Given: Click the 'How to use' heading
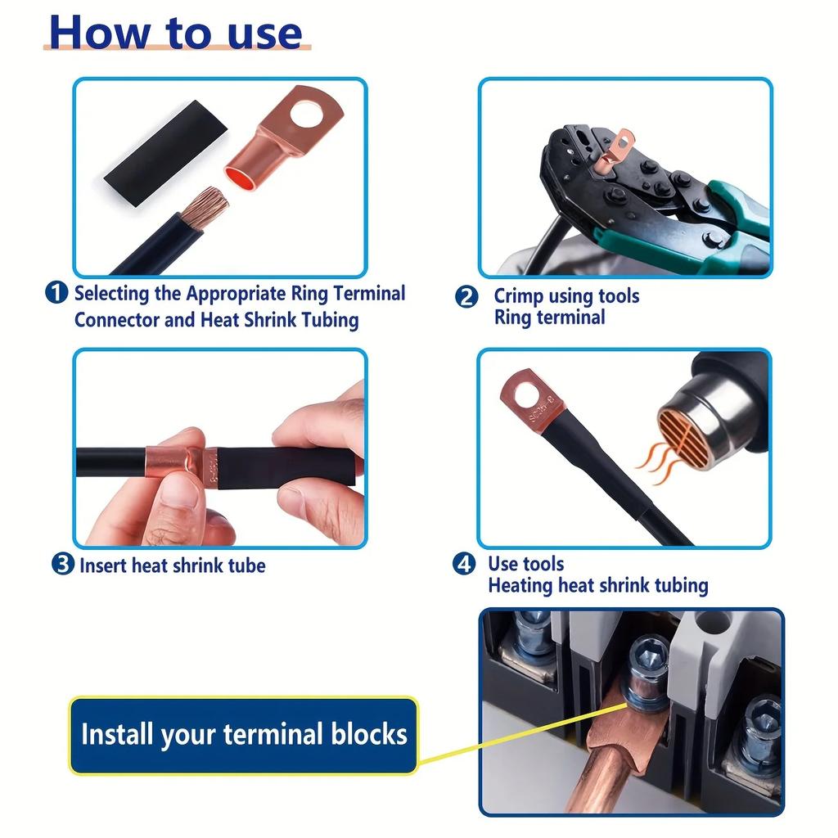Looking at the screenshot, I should (x=176, y=33).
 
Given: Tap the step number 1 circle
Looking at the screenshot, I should (x=56, y=293).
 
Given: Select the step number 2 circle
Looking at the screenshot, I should (x=466, y=297).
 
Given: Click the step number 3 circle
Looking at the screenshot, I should (x=62, y=565).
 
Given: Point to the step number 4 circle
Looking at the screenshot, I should (x=465, y=564).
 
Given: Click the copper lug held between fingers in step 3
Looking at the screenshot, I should (x=176, y=463).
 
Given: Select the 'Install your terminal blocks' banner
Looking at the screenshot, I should (x=243, y=734).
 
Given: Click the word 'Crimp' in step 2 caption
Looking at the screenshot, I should (x=519, y=296).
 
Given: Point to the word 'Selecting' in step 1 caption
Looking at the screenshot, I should (x=111, y=293).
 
